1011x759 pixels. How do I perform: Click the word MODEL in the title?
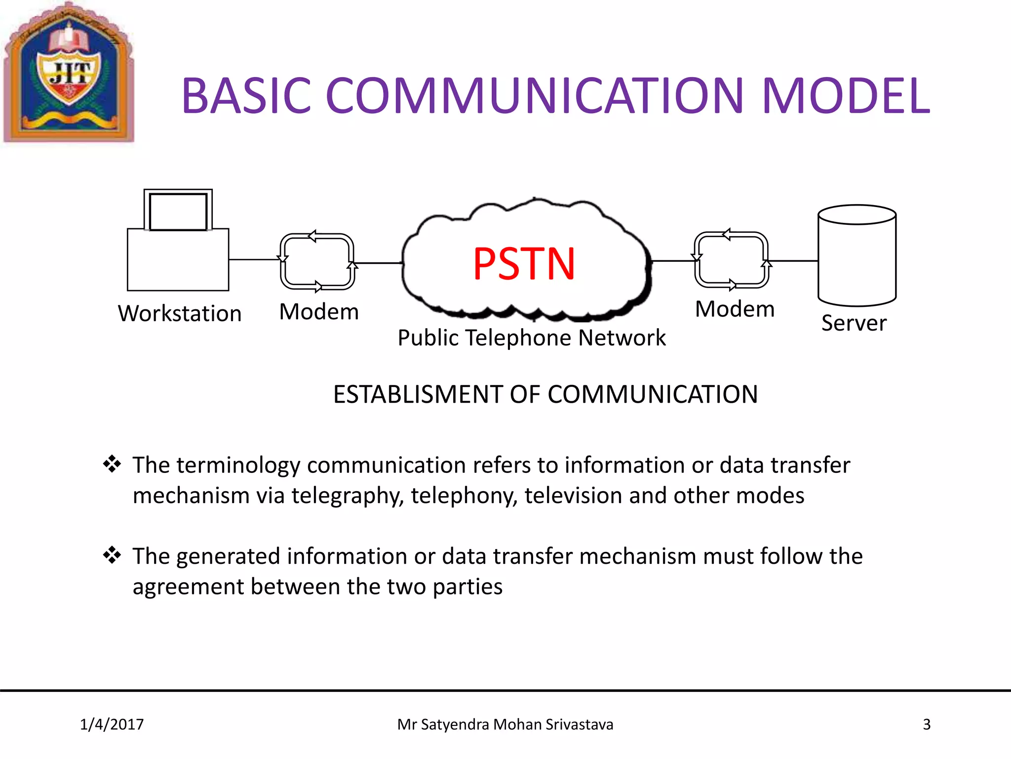tap(845, 96)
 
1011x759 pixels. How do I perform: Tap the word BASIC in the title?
tap(246, 96)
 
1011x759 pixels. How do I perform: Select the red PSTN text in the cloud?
tap(524, 264)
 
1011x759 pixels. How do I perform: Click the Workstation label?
tap(180, 314)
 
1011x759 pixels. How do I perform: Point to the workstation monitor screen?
tap(178, 211)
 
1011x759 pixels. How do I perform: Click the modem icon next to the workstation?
tap(317, 261)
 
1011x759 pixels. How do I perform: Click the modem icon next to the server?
tap(732, 260)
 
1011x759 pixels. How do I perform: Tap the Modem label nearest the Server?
tap(735, 309)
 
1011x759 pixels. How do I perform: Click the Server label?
tap(854, 323)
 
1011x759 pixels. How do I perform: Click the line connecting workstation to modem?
tap(254, 259)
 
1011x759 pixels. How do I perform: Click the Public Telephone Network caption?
tap(532, 338)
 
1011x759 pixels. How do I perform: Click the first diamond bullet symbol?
tap(112, 464)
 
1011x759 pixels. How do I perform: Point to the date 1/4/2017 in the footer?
tap(112, 724)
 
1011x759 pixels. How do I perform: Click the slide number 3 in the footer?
tap(927, 724)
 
